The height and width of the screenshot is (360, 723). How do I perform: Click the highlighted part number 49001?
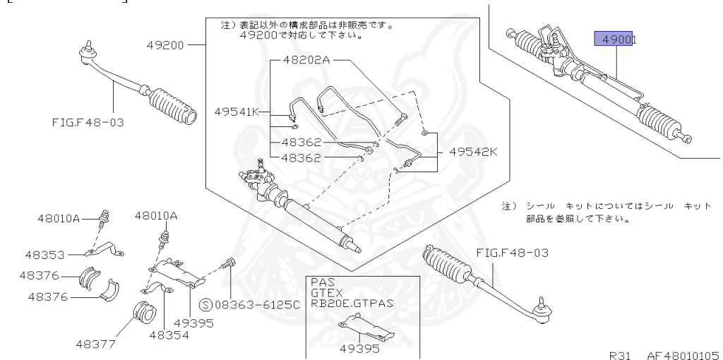tap(615, 40)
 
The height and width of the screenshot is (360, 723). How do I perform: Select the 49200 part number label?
tap(165, 45)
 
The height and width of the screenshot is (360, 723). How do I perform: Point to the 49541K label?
tap(237, 112)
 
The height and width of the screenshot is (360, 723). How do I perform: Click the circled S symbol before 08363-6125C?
tap(206, 304)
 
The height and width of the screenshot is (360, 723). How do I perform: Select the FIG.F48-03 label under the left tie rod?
tap(87, 121)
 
